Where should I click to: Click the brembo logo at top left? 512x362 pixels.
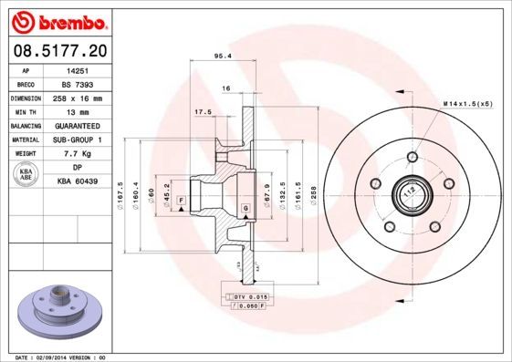coord(57,19)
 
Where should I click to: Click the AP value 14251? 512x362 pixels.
coord(78,69)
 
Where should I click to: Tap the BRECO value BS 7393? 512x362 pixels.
coord(78,83)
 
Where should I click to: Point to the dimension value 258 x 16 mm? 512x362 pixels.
coord(78,97)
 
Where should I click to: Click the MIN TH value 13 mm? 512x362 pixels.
coord(78,110)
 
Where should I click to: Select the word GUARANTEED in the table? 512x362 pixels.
coord(78,125)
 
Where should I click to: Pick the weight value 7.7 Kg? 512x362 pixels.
coord(78,153)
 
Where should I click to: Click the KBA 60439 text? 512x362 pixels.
coord(78,181)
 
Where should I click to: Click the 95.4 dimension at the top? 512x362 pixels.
coord(220,56)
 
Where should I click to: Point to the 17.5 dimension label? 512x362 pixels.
coord(204,112)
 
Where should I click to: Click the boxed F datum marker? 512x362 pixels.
coord(182,199)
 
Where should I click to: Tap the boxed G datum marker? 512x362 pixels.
coord(246,210)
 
